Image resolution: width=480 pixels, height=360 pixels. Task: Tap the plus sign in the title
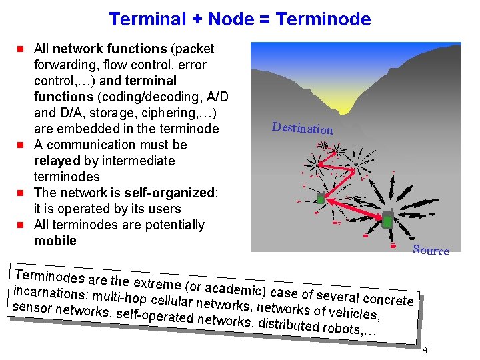[197, 19]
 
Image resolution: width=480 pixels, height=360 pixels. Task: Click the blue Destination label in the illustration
[302, 127]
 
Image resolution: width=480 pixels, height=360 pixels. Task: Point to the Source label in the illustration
[431, 250]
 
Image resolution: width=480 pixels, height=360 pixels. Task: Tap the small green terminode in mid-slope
[321, 198]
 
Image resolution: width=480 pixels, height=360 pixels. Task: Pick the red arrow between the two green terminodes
[353, 208]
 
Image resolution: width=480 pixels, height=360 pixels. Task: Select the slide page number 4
[425, 351]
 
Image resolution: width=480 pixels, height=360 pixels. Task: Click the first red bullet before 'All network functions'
[21, 49]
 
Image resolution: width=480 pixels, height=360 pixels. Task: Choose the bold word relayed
[57, 161]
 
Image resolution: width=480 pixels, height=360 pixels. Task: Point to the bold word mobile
[55, 241]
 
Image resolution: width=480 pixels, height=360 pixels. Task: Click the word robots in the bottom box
[340, 327]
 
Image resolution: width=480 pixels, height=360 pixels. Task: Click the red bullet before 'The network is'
[21, 193]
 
